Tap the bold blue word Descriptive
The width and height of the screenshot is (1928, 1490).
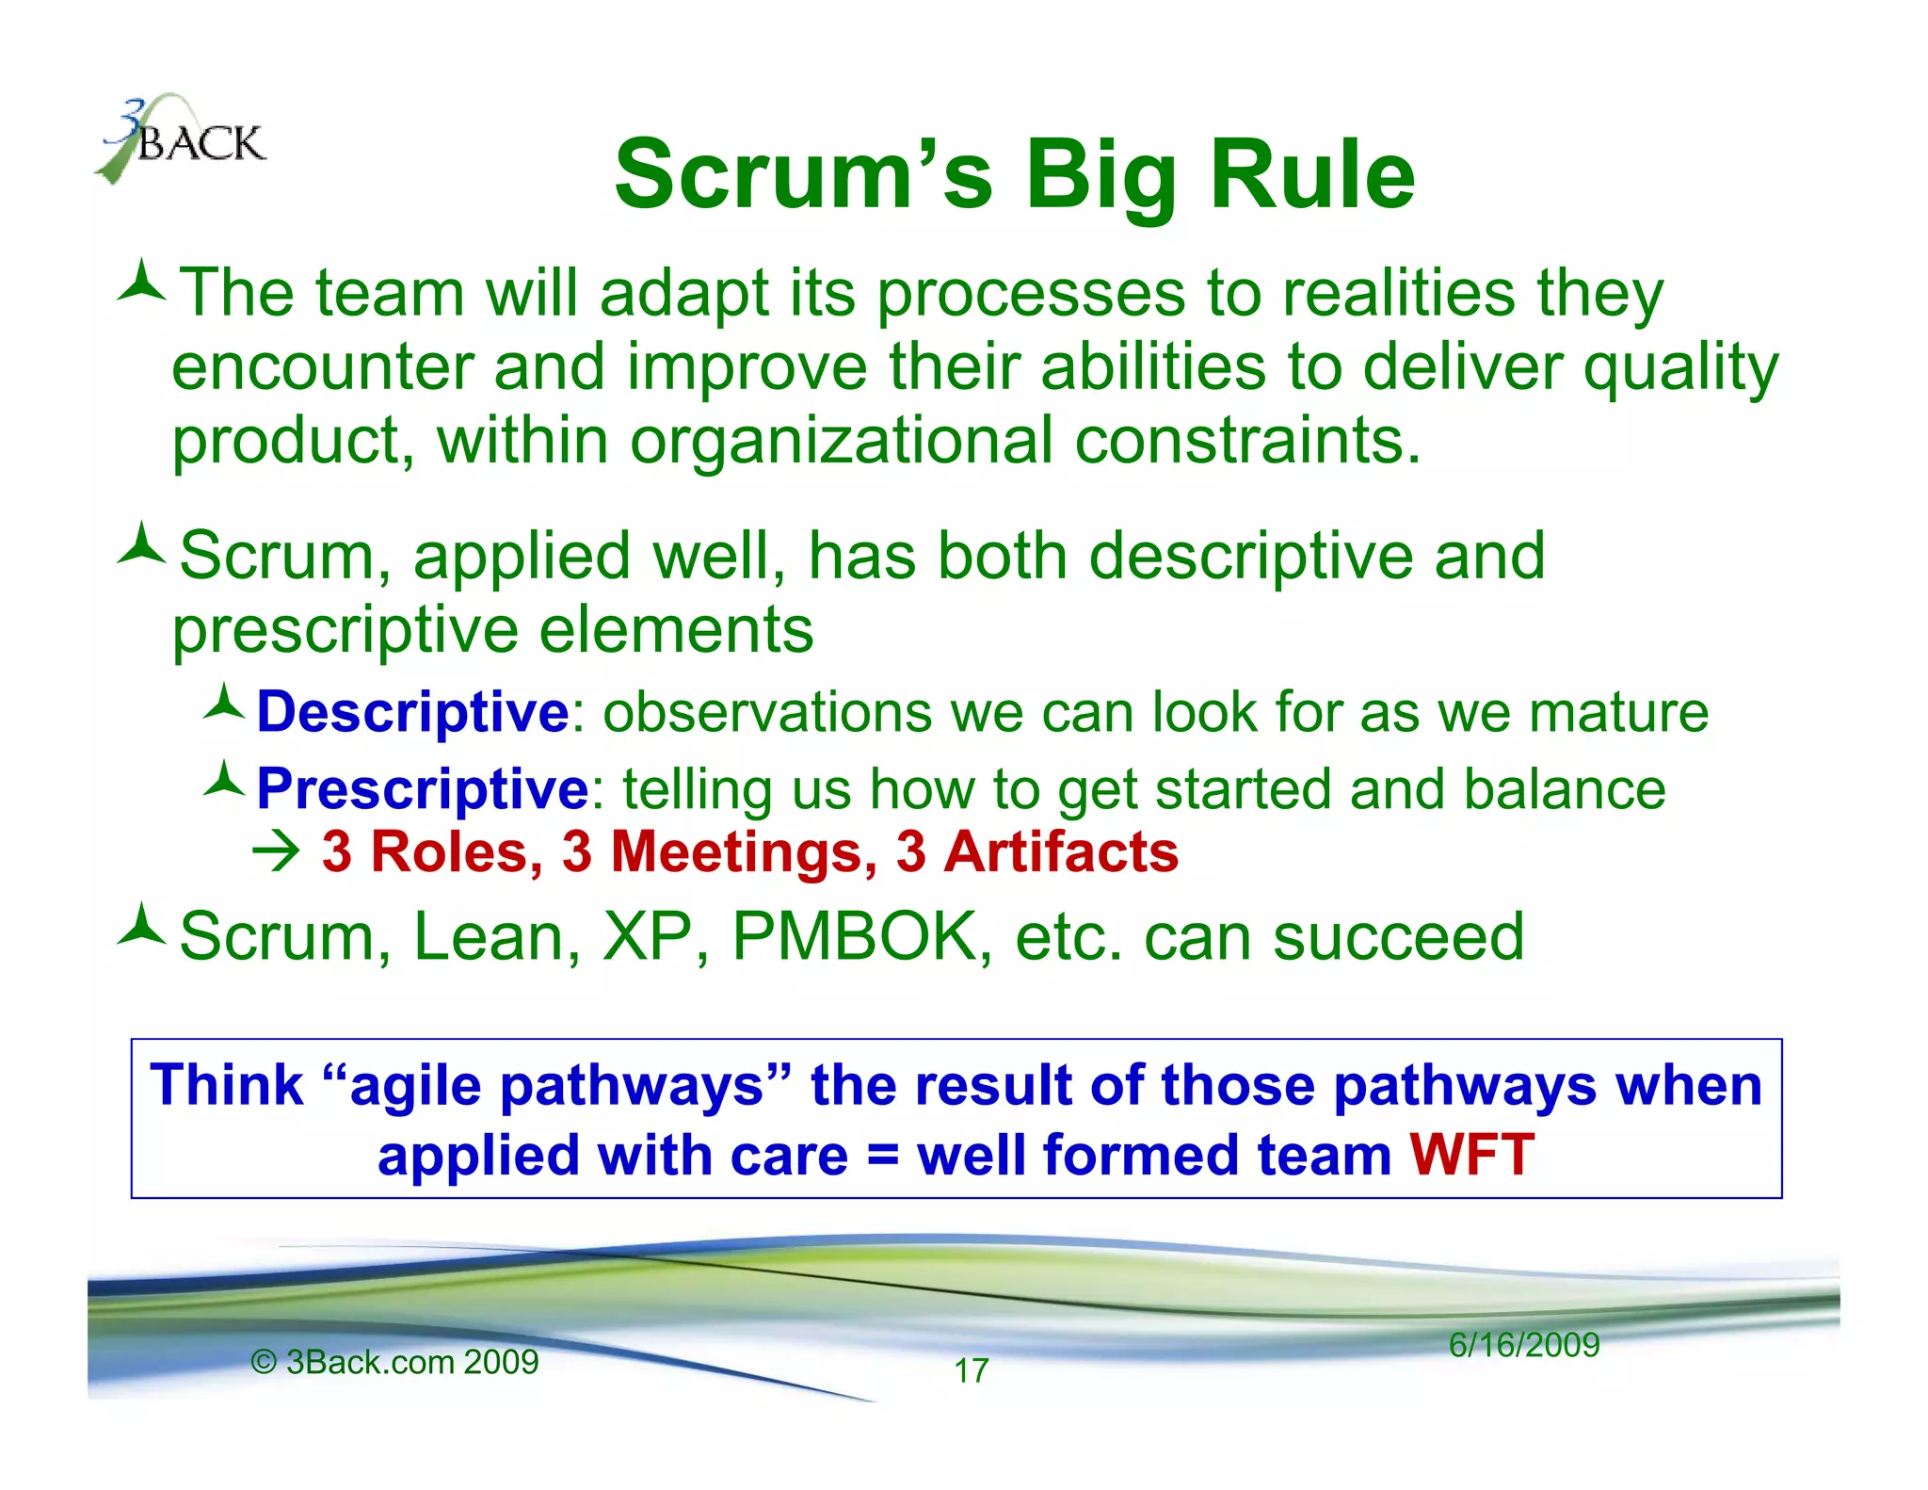(x=412, y=711)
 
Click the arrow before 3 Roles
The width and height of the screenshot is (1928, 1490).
(x=276, y=852)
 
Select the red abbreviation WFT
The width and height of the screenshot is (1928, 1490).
(x=1471, y=1155)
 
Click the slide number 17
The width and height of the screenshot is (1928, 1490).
(x=971, y=1370)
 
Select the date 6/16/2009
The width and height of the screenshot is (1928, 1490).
(x=1523, y=1344)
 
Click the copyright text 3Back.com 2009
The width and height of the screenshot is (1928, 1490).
(x=395, y=1362)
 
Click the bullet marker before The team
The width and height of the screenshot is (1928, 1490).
(x=141, y=282)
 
